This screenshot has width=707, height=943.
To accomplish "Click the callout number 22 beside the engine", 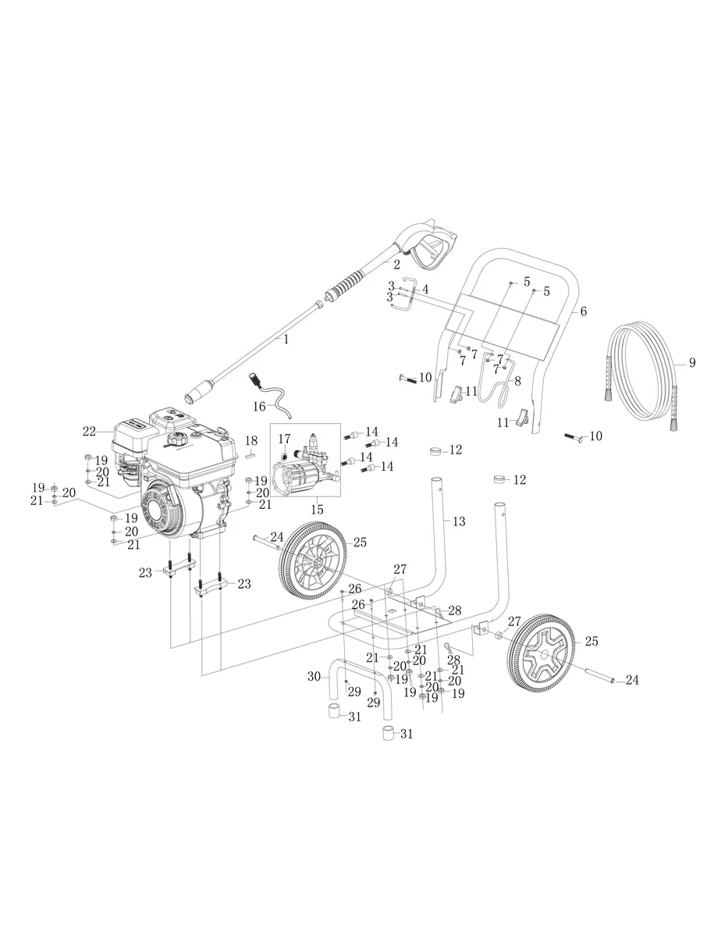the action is [89, 431].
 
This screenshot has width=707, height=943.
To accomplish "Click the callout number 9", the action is [691, 363].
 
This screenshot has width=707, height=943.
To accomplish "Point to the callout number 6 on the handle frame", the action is [583, 311].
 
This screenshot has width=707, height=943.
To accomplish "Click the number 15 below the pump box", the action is [318, 510].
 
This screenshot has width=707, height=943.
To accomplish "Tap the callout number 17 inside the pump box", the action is [284, 439].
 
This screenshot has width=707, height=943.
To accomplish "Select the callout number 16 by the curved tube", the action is [259, 407].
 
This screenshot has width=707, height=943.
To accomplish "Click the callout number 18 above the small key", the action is [251, 440].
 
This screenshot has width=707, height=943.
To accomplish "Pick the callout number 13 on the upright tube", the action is [459, 521].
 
